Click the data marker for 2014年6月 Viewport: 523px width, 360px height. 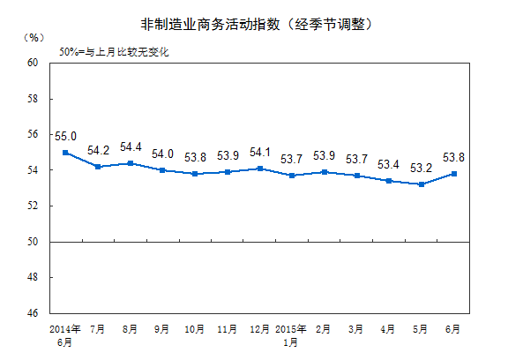(66, 152)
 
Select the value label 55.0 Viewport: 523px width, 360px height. (66, 137)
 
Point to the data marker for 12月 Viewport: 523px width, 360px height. (260, 168)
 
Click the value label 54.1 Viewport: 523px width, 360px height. (260, 152)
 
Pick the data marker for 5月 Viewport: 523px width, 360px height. (422, 184)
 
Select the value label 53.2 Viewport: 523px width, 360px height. (422, 168)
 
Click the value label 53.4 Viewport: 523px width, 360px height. (389, 165)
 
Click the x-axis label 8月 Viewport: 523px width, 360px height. (131, 329)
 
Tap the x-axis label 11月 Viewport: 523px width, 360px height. (228, 329)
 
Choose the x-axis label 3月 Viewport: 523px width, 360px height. (357, 329)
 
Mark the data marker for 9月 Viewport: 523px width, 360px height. (163, 170)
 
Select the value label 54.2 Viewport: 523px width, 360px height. (99, 151)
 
